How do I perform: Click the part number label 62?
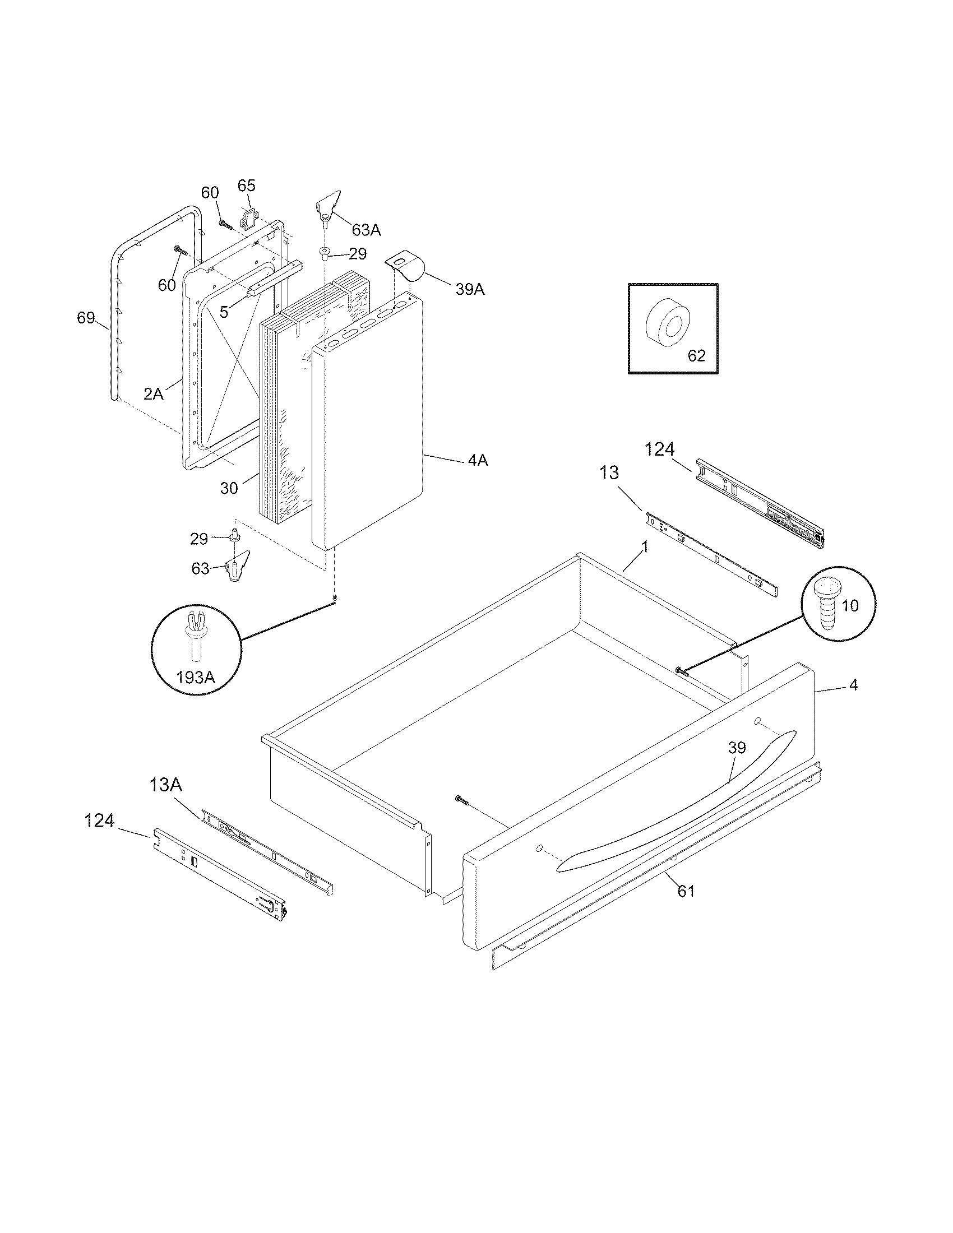tap(697, 356)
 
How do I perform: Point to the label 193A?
tap(195, 677)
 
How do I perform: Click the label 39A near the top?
tap(470, 289)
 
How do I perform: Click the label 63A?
tap(366, 230)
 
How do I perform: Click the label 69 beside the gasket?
tap(86, 318)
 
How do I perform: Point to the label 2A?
tap(153, 393)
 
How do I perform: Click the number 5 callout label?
tap(224, 312)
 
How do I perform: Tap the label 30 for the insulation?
tap(229, 488)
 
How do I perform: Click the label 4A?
tap(478, 461)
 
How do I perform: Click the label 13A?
tap(166, 785)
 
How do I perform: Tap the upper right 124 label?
tap(659, 449)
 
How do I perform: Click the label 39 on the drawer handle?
tap(737, 748)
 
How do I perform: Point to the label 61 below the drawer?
tap(686, 891)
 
